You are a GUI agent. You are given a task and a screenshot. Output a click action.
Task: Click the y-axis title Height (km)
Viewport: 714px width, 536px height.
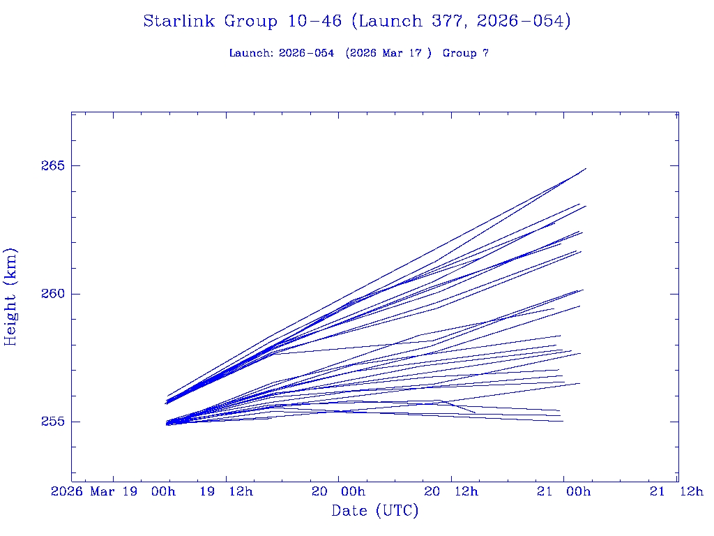pyautogui.click(x=11, y=297)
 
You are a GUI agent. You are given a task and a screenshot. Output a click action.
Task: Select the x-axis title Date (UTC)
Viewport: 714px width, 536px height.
pyautogui.click(x=375, y=512)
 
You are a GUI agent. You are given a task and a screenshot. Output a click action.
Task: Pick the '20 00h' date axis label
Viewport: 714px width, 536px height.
pyautogui.click(x=338, y=491)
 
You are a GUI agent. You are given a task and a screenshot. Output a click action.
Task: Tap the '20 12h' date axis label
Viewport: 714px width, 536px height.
pyautogui.click(x=451, y=491)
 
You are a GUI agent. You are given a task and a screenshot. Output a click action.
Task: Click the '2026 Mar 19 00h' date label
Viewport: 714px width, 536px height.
pyautogui.click(x=113, y=491)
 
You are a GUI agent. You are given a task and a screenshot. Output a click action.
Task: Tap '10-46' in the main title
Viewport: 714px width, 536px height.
pyautogui.click(x=314, y=22)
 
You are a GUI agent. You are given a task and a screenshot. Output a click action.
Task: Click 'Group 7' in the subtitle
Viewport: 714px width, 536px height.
pyautogui.click(x=465, y=53)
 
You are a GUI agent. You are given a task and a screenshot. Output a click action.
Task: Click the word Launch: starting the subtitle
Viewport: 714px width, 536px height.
pyautogui.click(x=251, y=53)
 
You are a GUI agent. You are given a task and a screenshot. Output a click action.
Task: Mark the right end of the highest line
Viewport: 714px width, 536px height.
pyautogui.click(x=586, y=168)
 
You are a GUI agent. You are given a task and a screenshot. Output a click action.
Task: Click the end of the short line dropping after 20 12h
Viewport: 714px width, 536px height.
pyautogui.click(x=476, y=412)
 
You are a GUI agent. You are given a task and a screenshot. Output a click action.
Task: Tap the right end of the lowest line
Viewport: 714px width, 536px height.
pyautogui.click(x=563, y=421)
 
